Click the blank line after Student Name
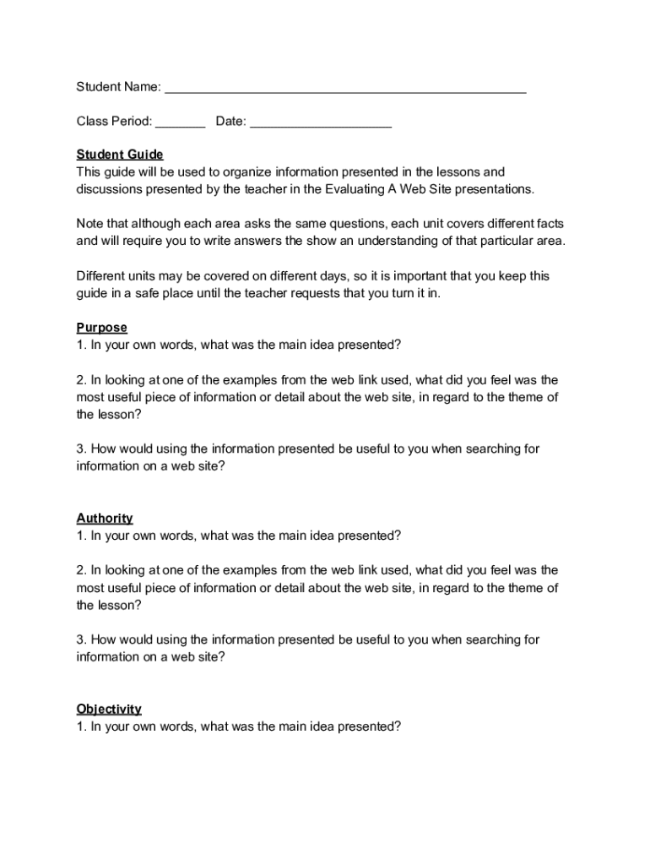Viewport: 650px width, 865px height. [x=345, y=89]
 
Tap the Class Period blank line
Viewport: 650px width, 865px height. [x=180, y=123]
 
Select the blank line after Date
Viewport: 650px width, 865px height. [x=321, y=123]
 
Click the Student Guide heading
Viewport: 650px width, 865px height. [x=120, y=155]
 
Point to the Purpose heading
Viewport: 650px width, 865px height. [x=101, y=328]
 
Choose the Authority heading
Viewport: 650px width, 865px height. [x=105, y=518]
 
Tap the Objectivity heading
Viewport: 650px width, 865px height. [x=109, y=709]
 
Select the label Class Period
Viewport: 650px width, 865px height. [x=114, y=122]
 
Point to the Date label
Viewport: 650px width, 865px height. [x=230, y=122]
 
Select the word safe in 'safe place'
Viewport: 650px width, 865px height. [x=173, y=293]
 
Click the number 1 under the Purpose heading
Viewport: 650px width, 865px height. [x=80, y=345]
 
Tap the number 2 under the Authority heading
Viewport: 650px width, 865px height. [x=80, y=570]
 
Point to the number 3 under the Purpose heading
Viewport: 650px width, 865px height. [x=80, y=449]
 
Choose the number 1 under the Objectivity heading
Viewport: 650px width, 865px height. [x=80, y=726]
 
